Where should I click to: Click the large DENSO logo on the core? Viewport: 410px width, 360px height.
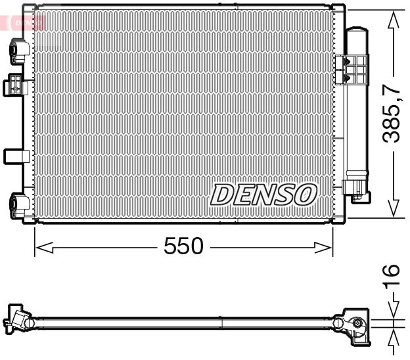click(264, 194)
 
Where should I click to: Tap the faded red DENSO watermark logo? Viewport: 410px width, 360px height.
click(26, 22)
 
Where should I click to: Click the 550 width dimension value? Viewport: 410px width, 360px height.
click(183, 247)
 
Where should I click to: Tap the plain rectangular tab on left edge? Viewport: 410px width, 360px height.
click(14, 156)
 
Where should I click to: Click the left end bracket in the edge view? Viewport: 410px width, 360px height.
click(20, 321)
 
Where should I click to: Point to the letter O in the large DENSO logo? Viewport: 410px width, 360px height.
click(306, 194)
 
